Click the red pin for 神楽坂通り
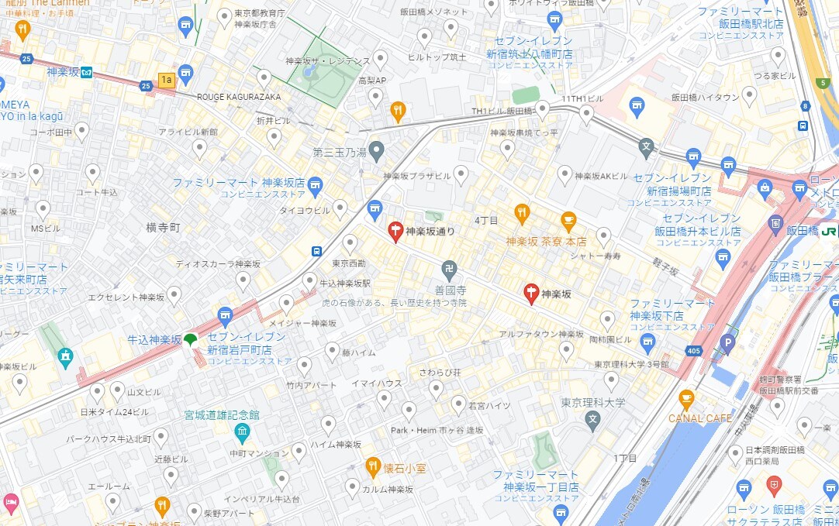click(395, 231)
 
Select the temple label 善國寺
click(449, 290)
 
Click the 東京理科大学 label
click(593, 403)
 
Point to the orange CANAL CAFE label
click(700, 418)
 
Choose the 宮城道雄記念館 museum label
click(221, 416)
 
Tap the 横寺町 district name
click(163, 228)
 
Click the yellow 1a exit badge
click(166, 79)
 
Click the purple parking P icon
click(727, 341)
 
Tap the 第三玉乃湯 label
click(340, 152)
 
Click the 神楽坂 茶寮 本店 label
click(546, 242)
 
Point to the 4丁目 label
click(486, 222)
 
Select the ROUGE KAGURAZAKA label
click(238, 97)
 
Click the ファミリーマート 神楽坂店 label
click(238, 183)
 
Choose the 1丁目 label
click(624, 459)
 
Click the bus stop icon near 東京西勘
click(316, 250)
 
